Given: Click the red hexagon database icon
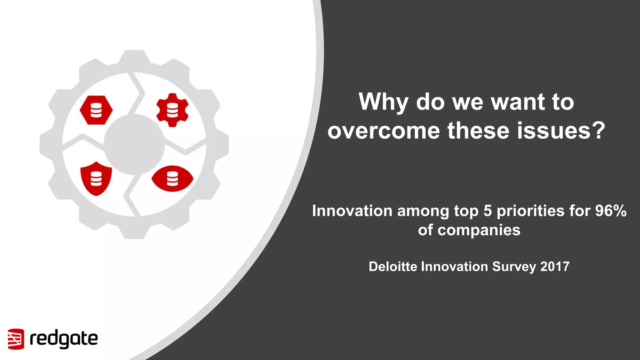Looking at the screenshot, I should (96, 110).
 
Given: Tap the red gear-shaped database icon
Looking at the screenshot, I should (172, 110).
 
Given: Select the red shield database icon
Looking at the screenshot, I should (96, 179).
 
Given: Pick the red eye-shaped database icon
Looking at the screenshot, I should (172, 179).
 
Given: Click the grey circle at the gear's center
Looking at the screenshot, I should (134, 144).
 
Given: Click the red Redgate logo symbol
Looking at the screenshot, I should (16, 339).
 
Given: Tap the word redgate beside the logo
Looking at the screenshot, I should (64, 339).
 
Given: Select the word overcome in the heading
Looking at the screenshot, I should (384, 131).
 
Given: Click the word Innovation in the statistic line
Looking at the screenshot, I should (352, 211).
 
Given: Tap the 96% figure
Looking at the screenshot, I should (611, 211).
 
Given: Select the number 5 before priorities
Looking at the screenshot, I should (488, 211).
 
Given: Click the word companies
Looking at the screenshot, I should (479, 230).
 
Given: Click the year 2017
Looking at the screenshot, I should (555, 267).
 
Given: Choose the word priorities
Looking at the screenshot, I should (530, 211).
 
